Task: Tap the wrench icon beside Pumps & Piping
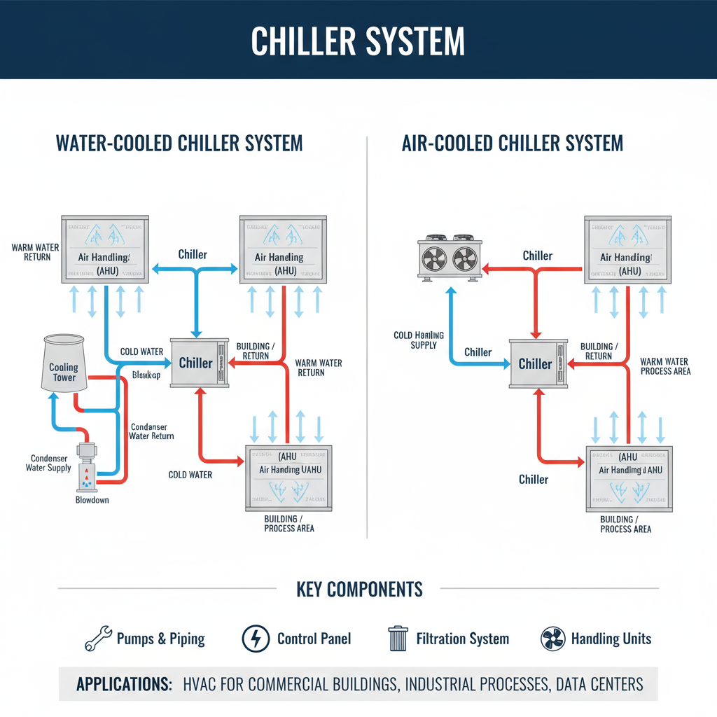[98, 639]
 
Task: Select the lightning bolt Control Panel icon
[256, 639]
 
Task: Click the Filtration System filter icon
[397, 639]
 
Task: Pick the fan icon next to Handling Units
[553, 639]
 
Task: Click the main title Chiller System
[358, 41]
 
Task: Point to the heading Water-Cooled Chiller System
[179, 144]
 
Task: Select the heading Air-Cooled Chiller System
[513, 144]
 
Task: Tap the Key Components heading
[359, 589]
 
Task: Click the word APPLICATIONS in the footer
[124, 683]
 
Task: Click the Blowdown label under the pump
[92, 500]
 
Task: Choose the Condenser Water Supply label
[48, 463]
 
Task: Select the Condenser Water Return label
[151, 431]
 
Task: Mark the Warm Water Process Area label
[665, 366]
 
